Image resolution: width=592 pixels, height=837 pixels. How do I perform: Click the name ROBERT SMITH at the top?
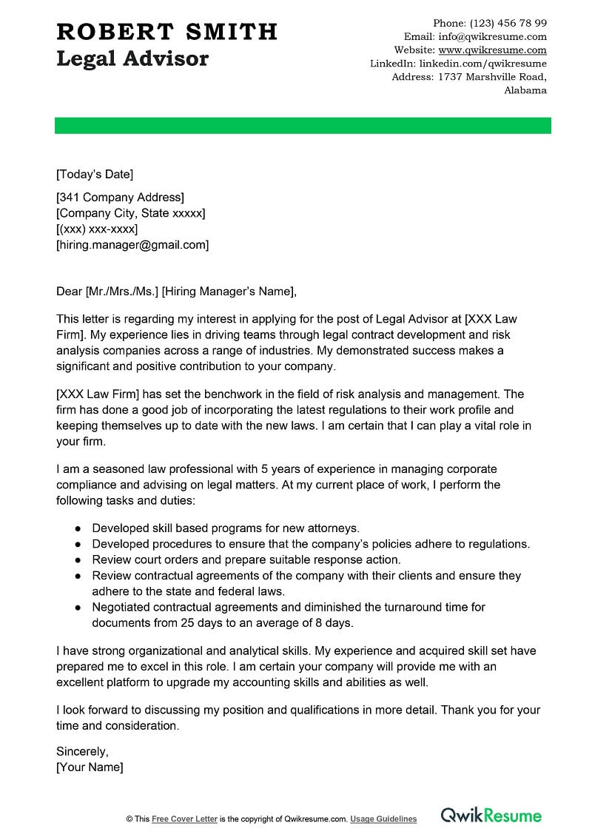pyautogui.click(x=166, y=31)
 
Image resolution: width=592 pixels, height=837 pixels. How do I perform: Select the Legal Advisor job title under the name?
pyautogui.click(x=132, y=58)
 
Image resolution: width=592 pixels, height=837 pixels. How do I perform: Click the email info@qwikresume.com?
pyautogui.click(x=492, y=36)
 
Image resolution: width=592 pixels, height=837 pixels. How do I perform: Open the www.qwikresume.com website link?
pyautogui.click(x=492, y=50)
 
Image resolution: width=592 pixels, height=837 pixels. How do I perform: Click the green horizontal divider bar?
pyautogui.click(x=303, y=125)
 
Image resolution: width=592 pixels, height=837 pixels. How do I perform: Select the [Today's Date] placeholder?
pyautogui.click(x=95, y=175)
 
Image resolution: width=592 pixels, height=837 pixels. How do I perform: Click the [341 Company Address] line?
pyautogui.click(x=120, y=197)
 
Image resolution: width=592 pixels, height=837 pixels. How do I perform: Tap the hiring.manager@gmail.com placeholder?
pyautogui.click(x=132, y=244)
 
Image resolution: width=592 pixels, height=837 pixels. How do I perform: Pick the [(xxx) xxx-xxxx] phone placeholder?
pyautogui.click(x=97, y=229)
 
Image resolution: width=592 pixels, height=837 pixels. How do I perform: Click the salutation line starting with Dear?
pyautogui.click(x=176, y=292)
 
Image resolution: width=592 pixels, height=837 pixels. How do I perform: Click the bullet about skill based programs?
pyautogui.click(x=226, y=528)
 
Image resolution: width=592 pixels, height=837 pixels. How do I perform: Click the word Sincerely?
pyautogui.click(x=82, y=752)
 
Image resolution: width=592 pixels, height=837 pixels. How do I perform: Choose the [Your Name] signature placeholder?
pyautogui.click(x=90, y=767)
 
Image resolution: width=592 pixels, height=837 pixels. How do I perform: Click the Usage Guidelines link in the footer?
pyautogui.click(x=383, y=819)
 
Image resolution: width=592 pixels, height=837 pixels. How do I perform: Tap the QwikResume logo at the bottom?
pyautogui.click(x=491, y=816)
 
